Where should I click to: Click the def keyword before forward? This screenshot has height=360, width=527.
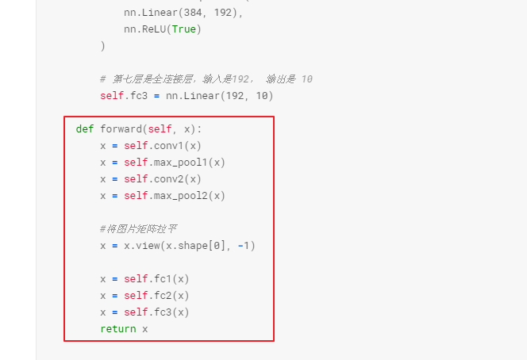click(x=85, y=129)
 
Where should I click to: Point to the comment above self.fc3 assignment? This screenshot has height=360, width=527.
click(x=206, y=79)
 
